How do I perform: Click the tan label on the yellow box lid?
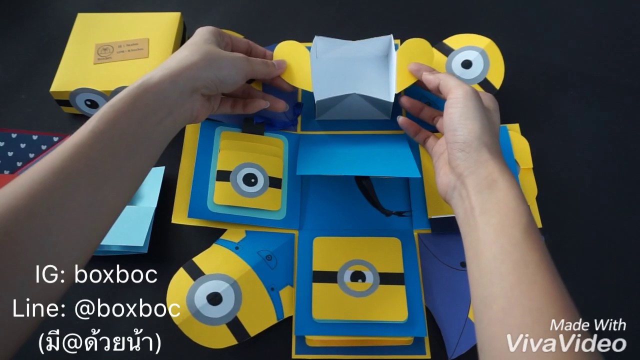pyautogui.click(x=121, y=50)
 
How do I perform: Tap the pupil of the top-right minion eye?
pyautogui.click(x=466, y=64)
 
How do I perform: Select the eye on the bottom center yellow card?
pyautogui.click(x=358, y=277)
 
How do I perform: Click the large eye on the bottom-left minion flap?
pyautogui.click(x=214, y=298)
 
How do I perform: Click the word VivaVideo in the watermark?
pyautogui.click(x=566, y=343)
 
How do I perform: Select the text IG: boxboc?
pyautogui.click(x=96, y=274)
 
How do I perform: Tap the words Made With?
pyautogui.click(x=587, y=325)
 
